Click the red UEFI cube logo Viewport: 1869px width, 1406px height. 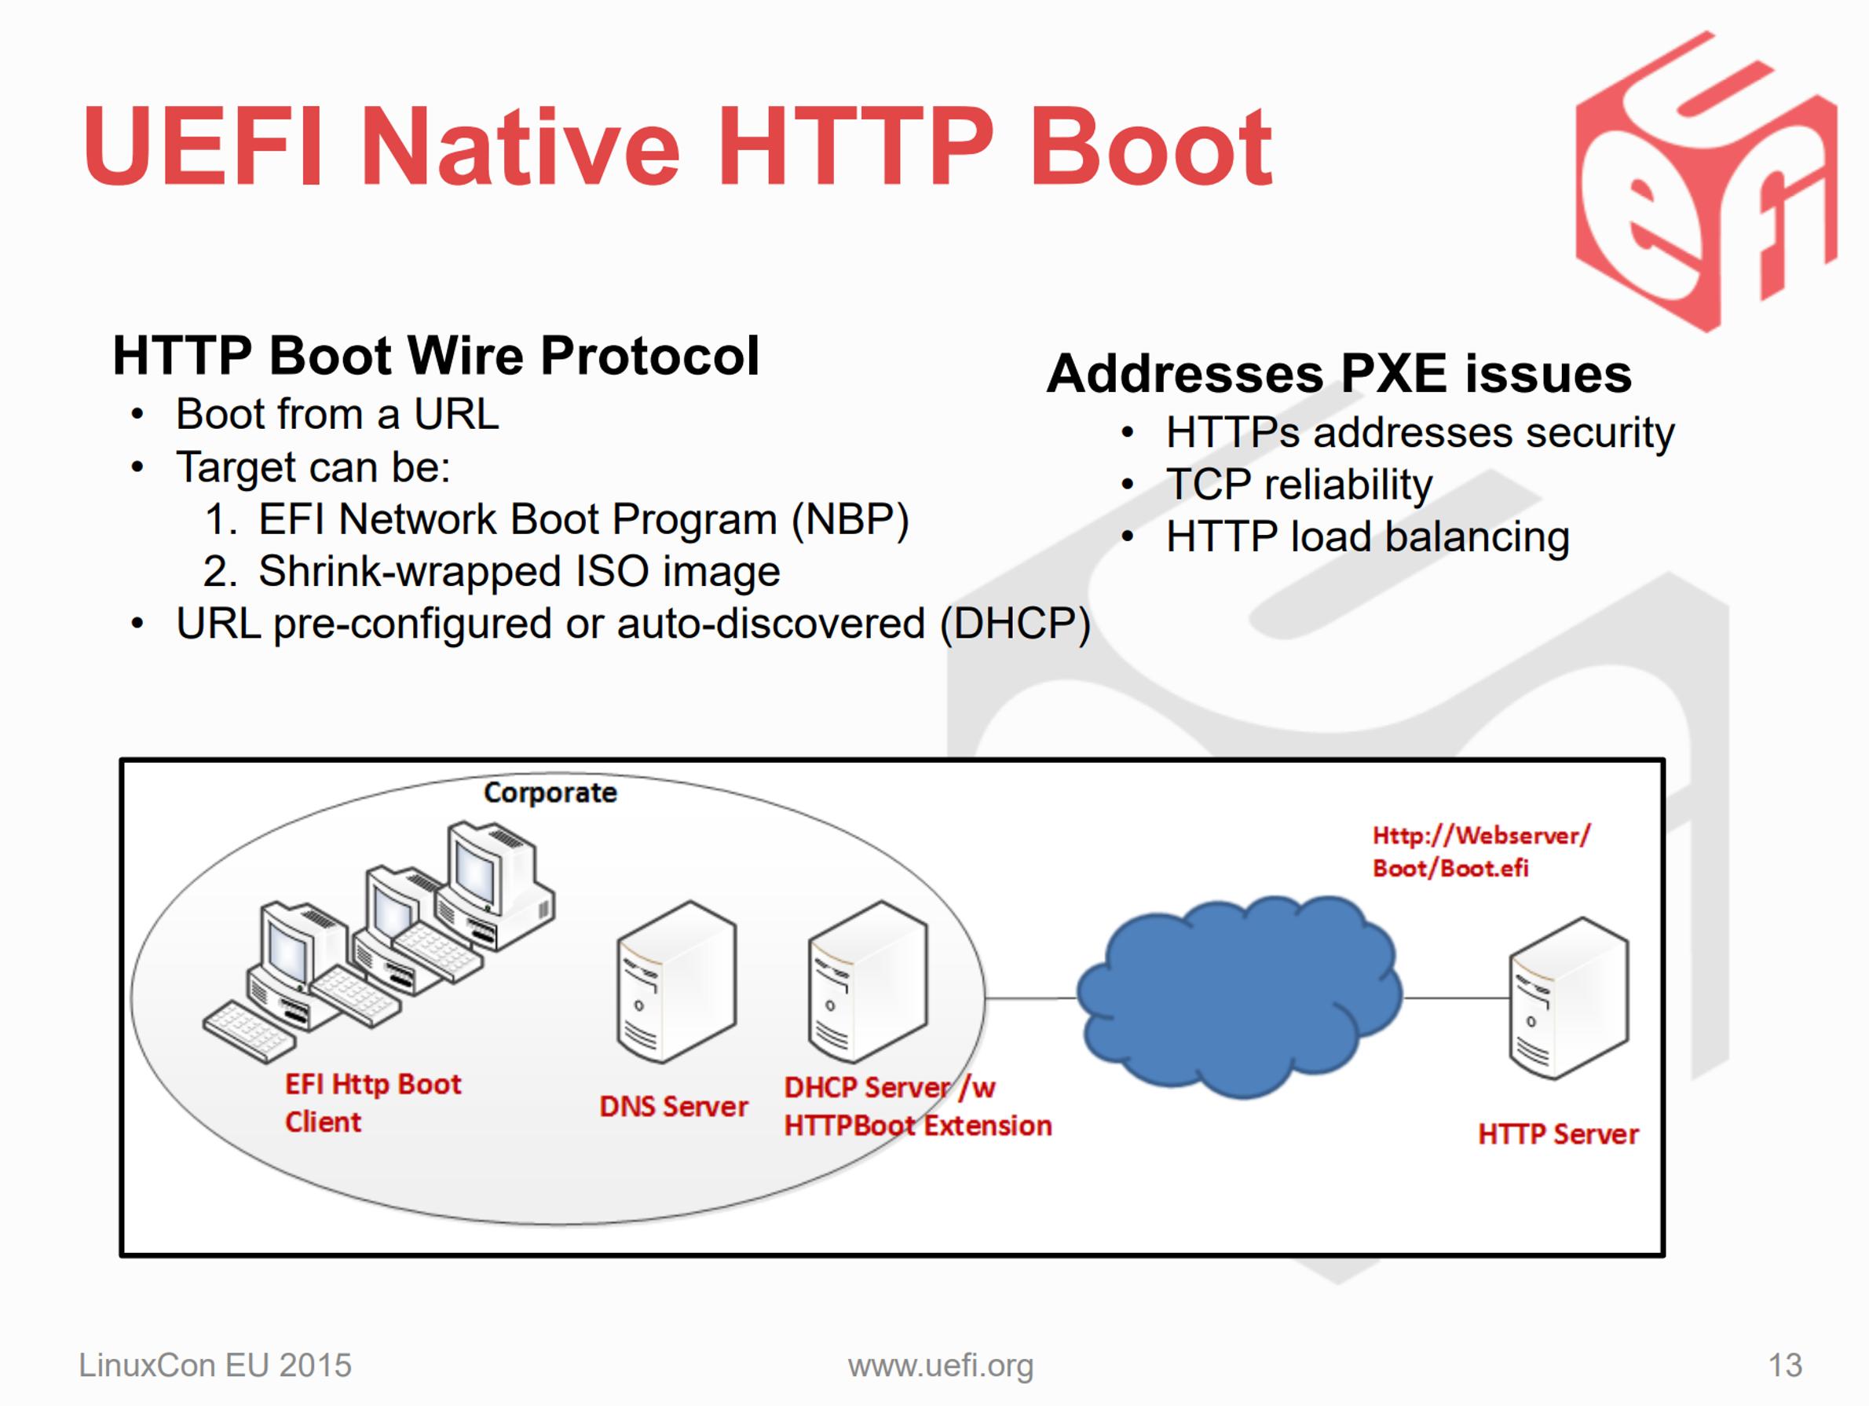[x=1706, y=181]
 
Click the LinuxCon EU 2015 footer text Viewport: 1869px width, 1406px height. [x=214, y=1365]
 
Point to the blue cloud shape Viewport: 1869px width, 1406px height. [x=1239, y=998]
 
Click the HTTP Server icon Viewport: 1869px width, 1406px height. [x=1568, y=999]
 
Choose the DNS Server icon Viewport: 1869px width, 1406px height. [x=676, y=982]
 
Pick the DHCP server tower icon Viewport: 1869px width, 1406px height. [x=868, y=982]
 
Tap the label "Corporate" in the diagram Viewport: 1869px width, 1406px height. [x=550, y=793]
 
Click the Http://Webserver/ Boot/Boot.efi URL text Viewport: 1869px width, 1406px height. [x=1481, y=851]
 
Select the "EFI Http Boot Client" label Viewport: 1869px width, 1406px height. [x=372, y=1103]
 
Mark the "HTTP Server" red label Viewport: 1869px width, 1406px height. [x=1558, y=1134]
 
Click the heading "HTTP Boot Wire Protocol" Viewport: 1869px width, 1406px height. [x=436, y=355]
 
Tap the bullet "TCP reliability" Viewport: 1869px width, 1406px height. [x=1299, y=485]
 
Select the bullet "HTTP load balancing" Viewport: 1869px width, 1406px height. [x=1368, y=536]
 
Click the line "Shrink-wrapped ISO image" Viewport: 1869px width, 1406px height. [x=519, y=571]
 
